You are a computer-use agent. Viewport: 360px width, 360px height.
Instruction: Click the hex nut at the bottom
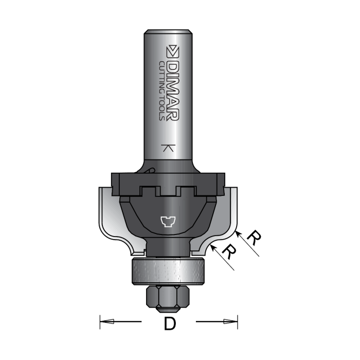(x=168, y=299)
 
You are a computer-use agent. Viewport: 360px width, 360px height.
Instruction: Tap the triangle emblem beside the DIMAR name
(x=172, y=51)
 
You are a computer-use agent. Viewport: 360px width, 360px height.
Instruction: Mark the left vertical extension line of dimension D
(x=99, y=322)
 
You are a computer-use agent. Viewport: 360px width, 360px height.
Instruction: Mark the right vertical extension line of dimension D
(x=238, y=322)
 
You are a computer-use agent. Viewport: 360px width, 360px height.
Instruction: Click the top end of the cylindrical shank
(x=168, y=32)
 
